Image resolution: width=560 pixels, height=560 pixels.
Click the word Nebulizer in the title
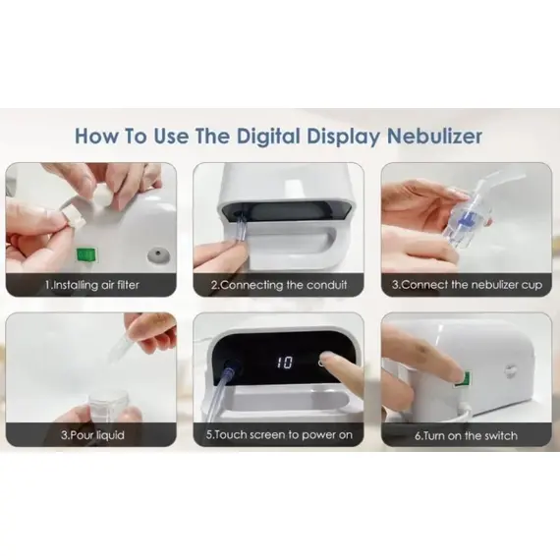[434, 137]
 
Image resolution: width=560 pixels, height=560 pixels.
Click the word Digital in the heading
[268, 137]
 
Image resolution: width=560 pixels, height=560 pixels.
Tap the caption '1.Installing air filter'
[91, 285]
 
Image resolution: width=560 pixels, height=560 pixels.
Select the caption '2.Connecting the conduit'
[279, 285]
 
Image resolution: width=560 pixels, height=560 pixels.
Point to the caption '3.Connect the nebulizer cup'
[467, 285]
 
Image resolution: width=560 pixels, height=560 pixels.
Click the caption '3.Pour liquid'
[92, 435]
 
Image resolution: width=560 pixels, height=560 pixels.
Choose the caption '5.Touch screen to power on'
[279, 434]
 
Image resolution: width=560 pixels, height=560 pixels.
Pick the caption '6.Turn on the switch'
[466, 435]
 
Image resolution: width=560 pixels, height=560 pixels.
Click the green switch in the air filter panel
[86, 254]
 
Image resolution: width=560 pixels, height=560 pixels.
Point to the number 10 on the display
[285, 363]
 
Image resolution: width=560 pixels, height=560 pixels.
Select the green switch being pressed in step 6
[466, 379]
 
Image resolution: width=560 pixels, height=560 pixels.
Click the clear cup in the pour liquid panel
[106, 406]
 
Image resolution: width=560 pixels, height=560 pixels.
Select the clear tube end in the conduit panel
[240, 232]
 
